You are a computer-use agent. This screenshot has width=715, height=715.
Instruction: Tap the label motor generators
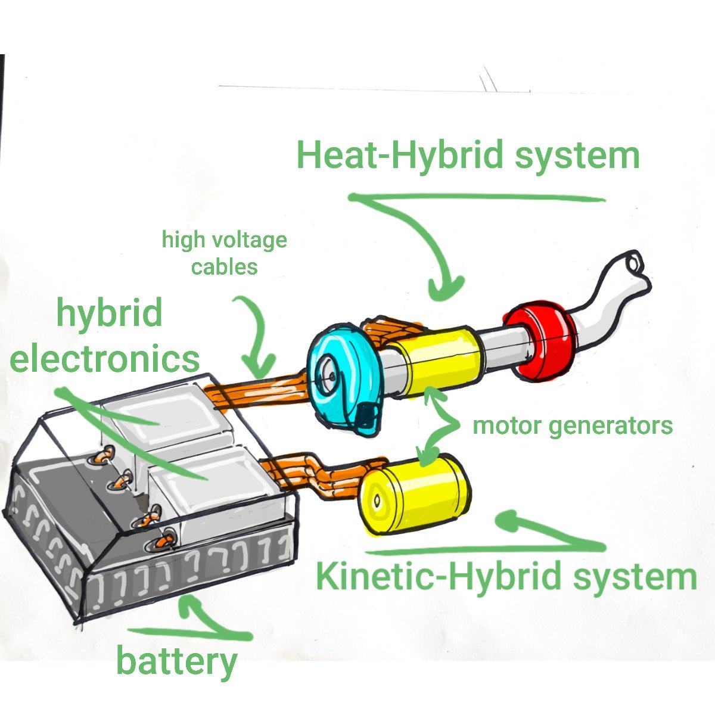[572, 425]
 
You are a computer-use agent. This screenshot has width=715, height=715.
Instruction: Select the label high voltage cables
[225, 253]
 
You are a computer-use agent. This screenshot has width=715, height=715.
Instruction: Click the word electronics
[105, 359]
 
